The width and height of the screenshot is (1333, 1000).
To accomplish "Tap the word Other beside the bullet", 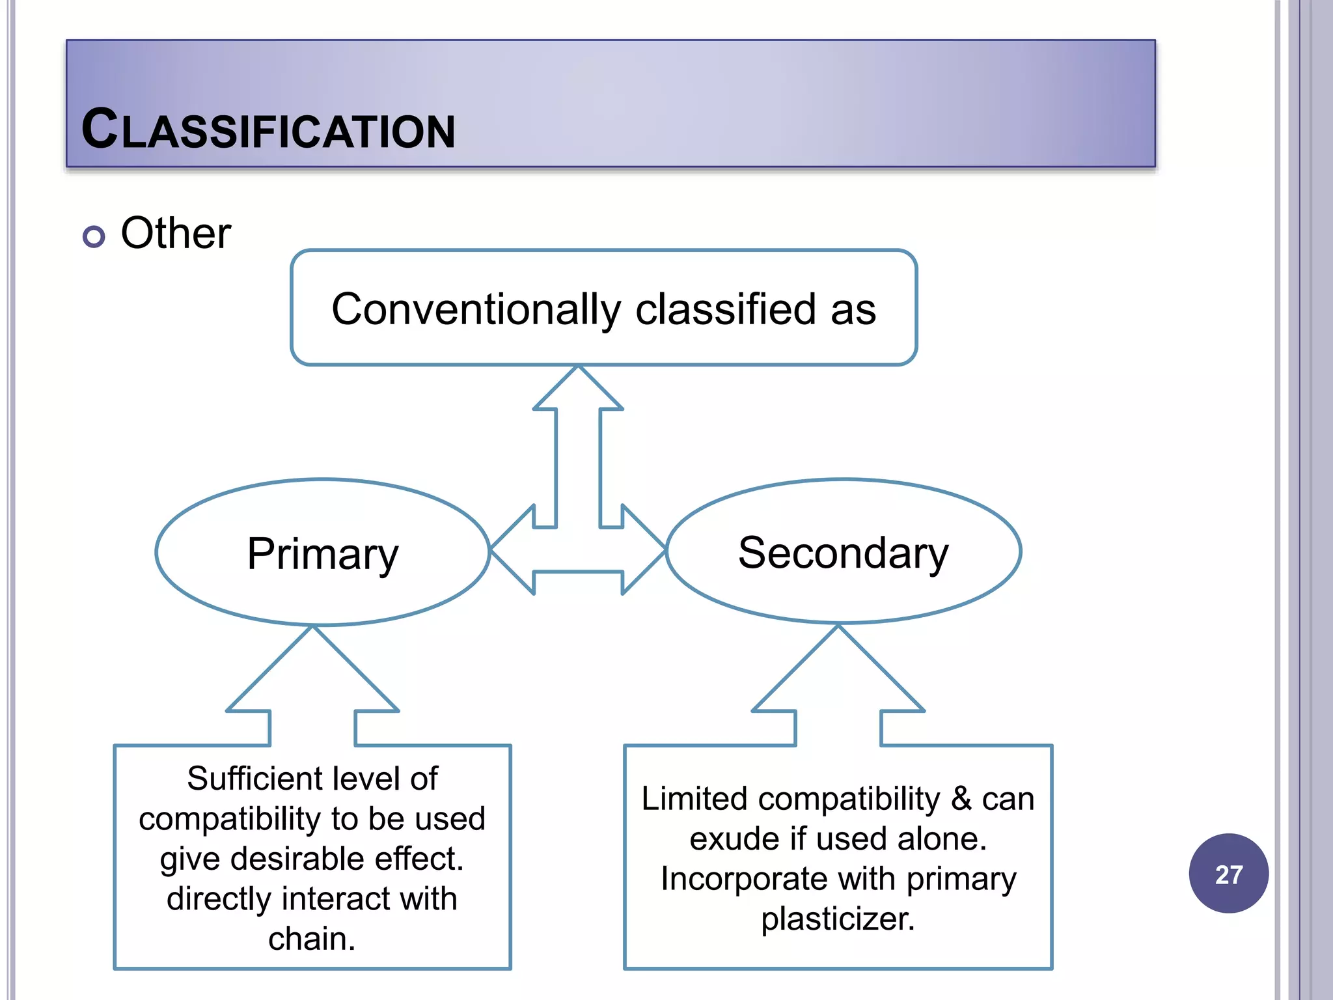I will (x=176, y=233).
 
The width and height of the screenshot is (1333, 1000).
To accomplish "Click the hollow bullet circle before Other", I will (x=94, y=236).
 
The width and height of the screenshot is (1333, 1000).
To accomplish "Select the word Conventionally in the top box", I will (x=476, y=309).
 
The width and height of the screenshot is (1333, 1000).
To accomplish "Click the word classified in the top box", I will (x=725, y=309).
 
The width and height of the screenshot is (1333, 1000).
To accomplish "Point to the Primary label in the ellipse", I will (x=322, y=554).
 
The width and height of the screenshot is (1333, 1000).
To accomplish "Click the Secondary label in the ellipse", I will (x=843, y=553).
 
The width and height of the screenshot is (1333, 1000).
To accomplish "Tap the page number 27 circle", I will (x=1228, y=874).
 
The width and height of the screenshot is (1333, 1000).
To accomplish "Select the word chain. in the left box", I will (x=312, y=939).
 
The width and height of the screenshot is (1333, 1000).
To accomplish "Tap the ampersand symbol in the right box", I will (x=961, y=799).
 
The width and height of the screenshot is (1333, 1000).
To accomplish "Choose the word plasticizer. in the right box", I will (x=838, y=919).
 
